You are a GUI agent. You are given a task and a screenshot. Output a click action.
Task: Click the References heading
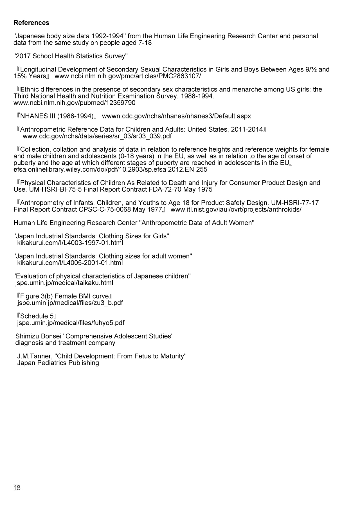click(x=31, y=23)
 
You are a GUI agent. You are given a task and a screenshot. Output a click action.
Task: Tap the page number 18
click(x=17, y=488)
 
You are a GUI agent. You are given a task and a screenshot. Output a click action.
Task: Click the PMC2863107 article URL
click(x=127, y=76)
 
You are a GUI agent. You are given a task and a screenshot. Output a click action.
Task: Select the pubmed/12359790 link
click(x=74, y=103)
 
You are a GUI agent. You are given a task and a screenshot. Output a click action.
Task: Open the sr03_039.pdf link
click(x=97, y=136)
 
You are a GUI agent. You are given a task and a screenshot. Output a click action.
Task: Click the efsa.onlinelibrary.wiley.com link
click(x=110, y=170)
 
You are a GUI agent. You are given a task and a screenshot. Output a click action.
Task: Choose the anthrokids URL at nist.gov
click(x=236, y=210)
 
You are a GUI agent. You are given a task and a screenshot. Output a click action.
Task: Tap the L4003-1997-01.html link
click(x=70, y=243)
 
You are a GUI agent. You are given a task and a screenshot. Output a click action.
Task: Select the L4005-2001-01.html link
click(x=70, y=263)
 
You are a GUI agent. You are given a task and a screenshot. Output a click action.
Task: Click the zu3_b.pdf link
click(x=70, y=303)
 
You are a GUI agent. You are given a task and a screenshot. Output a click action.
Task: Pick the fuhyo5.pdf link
click(x=71, y=323)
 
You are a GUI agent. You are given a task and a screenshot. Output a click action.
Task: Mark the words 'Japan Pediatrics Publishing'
click(x=58, y=363)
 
